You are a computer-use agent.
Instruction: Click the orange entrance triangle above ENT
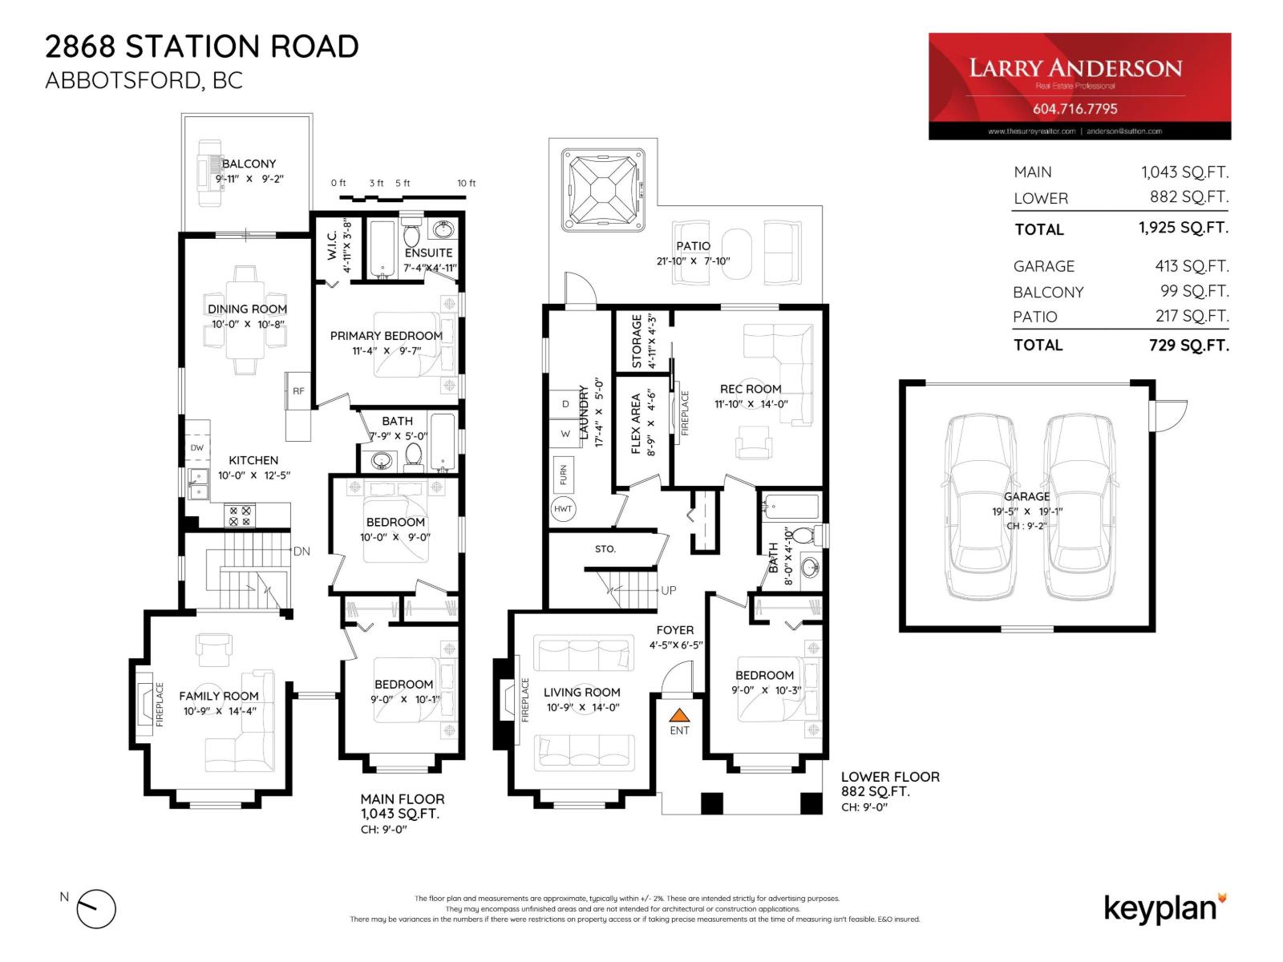coord(679,715)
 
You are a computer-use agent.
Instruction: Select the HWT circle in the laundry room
coord(563,509)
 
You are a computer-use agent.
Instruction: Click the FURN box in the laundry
coord(563,474)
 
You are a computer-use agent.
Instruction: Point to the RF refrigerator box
coord(298,391)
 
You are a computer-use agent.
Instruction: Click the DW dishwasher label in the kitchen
coord(197,448)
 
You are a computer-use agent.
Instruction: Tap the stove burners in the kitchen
coord(240,515)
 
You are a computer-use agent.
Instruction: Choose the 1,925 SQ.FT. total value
coord(1183,228)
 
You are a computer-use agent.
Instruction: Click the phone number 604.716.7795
coord(1075,108)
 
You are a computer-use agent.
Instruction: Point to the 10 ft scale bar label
coord(466,184)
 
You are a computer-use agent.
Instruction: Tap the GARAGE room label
coord(1026,496)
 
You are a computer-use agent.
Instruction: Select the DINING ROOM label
coord(247,309)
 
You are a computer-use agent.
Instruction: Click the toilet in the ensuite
coord(411,235)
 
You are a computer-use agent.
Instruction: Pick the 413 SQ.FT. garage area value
coord(1191,265)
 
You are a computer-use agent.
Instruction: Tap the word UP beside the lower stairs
coord(669,590)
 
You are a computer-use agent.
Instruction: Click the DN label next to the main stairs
coord(302,552)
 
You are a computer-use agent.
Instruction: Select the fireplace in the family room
coord(144,704)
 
